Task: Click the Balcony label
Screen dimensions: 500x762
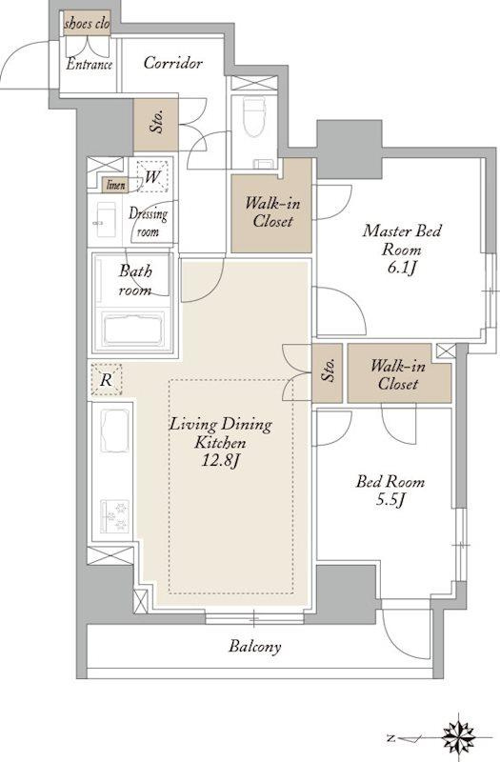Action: click(x=255, y=647)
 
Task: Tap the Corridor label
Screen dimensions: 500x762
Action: click(x=172, y=63)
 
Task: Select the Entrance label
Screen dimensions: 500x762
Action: click(x=89, y=64)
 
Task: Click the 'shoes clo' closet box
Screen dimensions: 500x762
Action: click(x=87, y=24)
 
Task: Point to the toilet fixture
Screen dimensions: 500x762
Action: click(x=254, y=118)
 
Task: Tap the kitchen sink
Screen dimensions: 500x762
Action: click(x=115, y=430)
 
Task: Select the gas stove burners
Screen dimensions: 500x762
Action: click(x=115, y=516)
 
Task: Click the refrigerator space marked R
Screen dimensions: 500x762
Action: click(x=106, y=379)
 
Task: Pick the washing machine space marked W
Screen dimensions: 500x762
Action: click(x=151, y=176)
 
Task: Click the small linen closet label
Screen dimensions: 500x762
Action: click(x=115, y=185)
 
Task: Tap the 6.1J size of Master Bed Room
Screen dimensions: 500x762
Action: click(x=401, y=269)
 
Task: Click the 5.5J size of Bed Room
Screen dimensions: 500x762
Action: click(x=390, y=500)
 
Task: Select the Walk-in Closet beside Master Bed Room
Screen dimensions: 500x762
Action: click(x=271, y=206)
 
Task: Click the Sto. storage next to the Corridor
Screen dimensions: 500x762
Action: click(x=156, y=125)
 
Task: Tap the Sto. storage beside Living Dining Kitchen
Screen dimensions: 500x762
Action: click(x=328, y=372)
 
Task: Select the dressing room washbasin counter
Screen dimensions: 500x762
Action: click(x=106, y=220)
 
